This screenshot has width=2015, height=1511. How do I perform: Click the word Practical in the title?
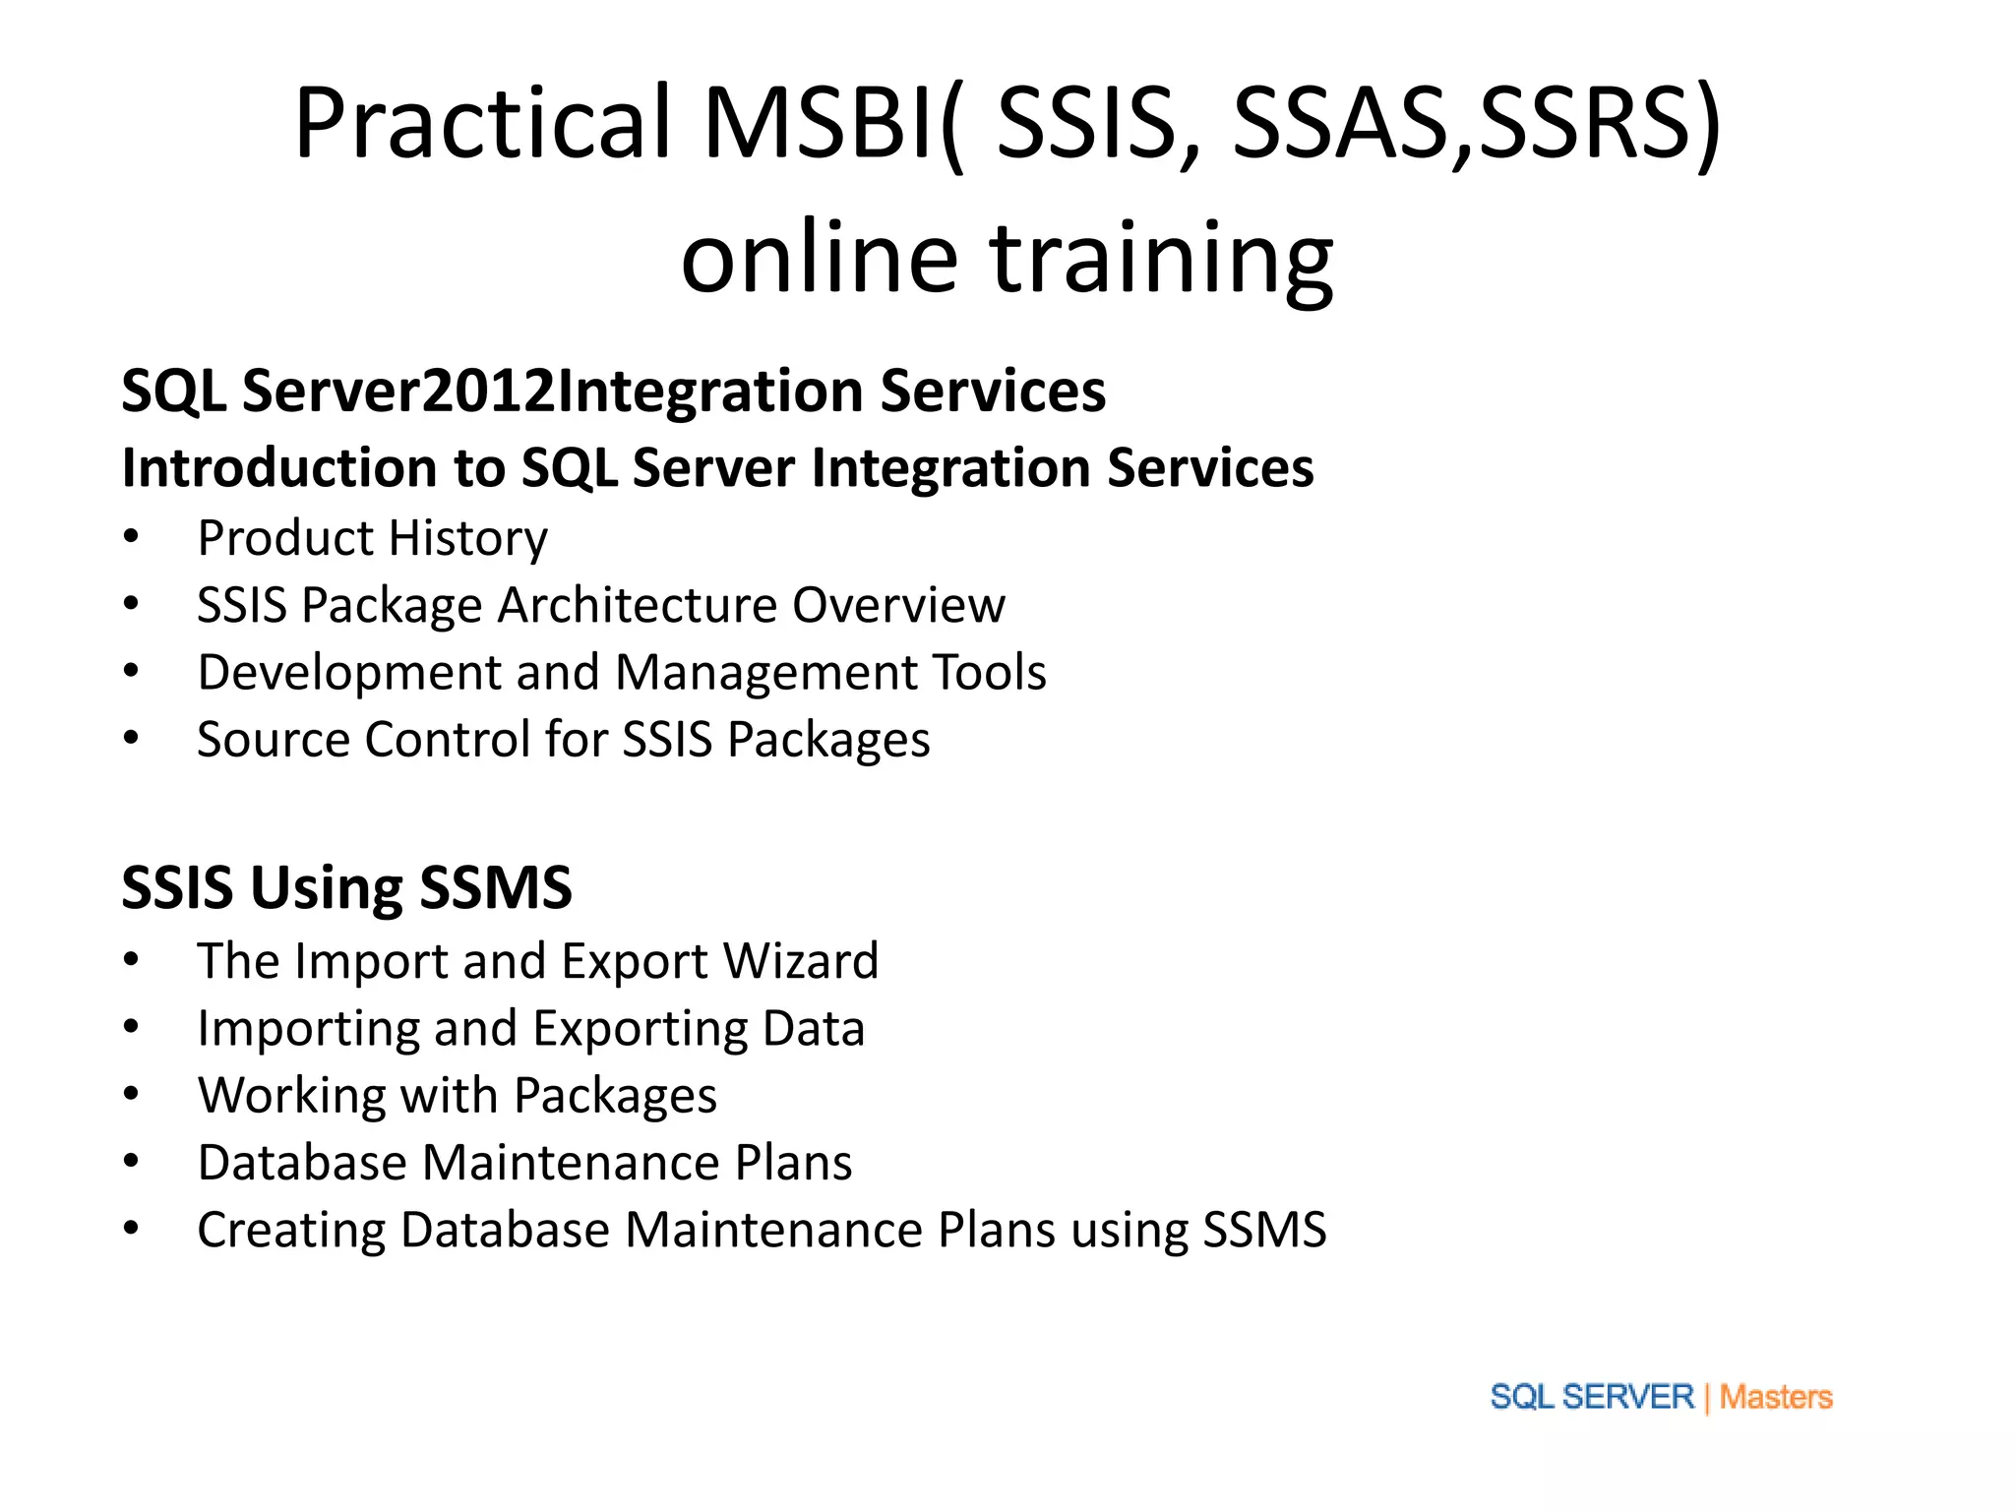[x=482, y=125]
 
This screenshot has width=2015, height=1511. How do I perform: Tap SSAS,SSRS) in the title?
[x=1476, y=125]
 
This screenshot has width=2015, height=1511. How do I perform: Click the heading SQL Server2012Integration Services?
[x=613, y=391]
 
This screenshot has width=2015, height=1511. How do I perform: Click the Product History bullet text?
[x=372, y=538]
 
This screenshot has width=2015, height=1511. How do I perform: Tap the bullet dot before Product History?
[x=131, y=538]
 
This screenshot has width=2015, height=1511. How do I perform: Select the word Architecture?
[x=637, y=605]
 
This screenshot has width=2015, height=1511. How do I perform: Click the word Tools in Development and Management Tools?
[x=989, y=673]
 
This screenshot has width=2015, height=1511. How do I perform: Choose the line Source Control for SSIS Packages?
[x=563, y=740]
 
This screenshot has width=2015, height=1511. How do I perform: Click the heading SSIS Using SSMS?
[x=346, y=887]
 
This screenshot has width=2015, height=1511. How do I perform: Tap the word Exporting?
[x=639, y=1029]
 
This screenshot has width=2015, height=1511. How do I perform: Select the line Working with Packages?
[x=457, y=1096]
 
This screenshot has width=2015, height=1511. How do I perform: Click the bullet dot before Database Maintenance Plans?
[x=131, y=1163]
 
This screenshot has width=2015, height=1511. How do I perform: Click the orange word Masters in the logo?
[x=1775, y=1397]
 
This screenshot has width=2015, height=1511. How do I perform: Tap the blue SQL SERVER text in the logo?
[x=1591, y=1397]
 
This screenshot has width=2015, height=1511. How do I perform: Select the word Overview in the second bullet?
[x=898, y=605]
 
